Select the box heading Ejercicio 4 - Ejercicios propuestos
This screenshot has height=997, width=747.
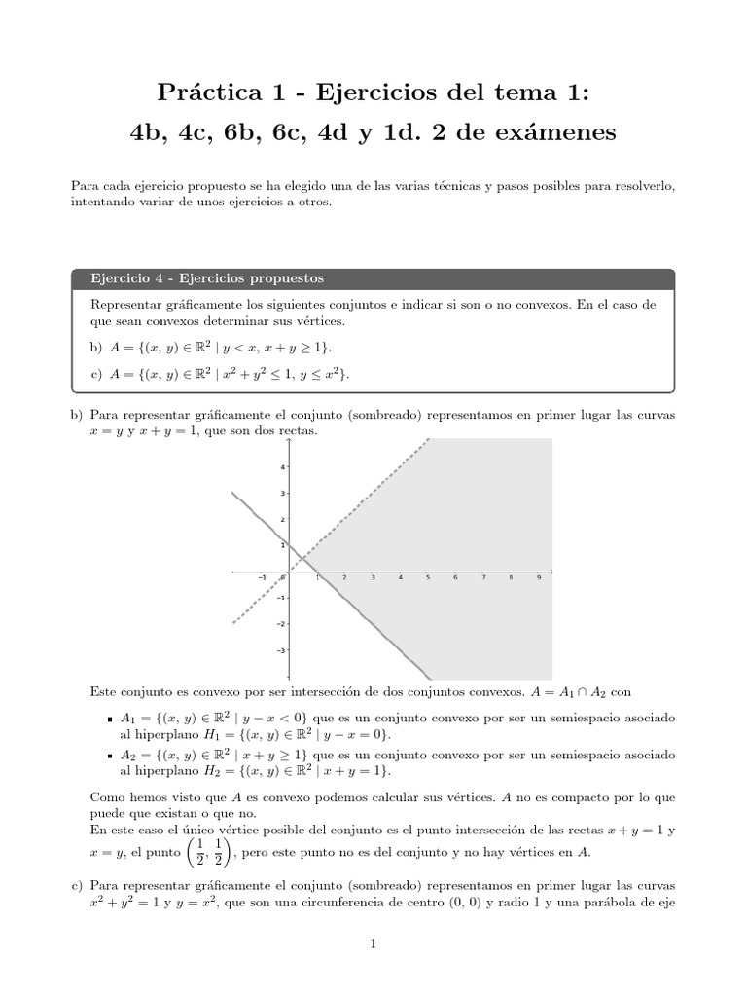pyautogui.click(x=207, y=278)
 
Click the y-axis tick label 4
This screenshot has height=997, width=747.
pyautogui.click(x=282, y=467)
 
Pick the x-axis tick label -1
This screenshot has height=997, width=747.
pyautogui.click(x=261, y=578)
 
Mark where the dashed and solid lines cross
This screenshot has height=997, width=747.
pyautogui.click(x=302, y=557)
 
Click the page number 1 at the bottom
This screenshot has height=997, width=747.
pyautogui.click(x=373, y=943)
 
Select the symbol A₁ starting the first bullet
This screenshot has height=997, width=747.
pyautogui.click(x=127, y=718)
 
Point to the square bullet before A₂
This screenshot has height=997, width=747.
pyautogui.click(x=113, y=756)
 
